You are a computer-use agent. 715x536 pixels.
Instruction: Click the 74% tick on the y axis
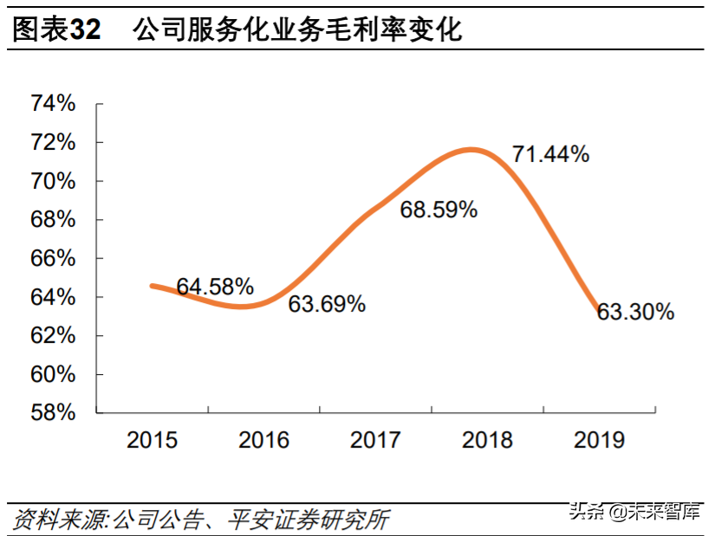click(x=54, y=104)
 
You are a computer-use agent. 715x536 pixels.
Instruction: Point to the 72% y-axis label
click(x=54, y=142)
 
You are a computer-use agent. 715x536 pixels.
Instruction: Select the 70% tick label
click(x=54, y=181)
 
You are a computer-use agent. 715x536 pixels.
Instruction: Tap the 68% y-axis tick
click(x=54, y=220)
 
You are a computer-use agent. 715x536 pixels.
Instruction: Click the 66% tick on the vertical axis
click(x=54, y=258)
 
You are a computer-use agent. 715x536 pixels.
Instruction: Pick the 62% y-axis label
click(x=54, y=336)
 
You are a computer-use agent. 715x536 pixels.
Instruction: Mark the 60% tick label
click(x=54, y=374)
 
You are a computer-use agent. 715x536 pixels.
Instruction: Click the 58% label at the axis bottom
click(x=54, y=413)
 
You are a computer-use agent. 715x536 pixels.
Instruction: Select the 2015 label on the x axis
click(x=152, y=440)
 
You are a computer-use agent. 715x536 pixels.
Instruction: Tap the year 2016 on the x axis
click(x=263, y=440)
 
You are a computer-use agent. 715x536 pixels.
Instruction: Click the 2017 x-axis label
click(x=375, y=440)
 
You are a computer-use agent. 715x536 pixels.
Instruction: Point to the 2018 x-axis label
click(x=487, y=440)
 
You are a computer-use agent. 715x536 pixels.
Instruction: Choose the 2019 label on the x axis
click(x=599, y=440)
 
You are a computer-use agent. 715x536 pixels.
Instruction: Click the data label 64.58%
click(x=215, y=287)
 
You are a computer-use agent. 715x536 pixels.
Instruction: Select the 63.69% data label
click(x=327, y=305)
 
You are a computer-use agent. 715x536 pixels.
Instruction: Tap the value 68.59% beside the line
click(x=439, y=210)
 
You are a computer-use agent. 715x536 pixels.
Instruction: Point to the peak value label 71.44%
click(x=550, y=155)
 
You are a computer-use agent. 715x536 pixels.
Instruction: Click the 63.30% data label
click(x=635, y=313)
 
